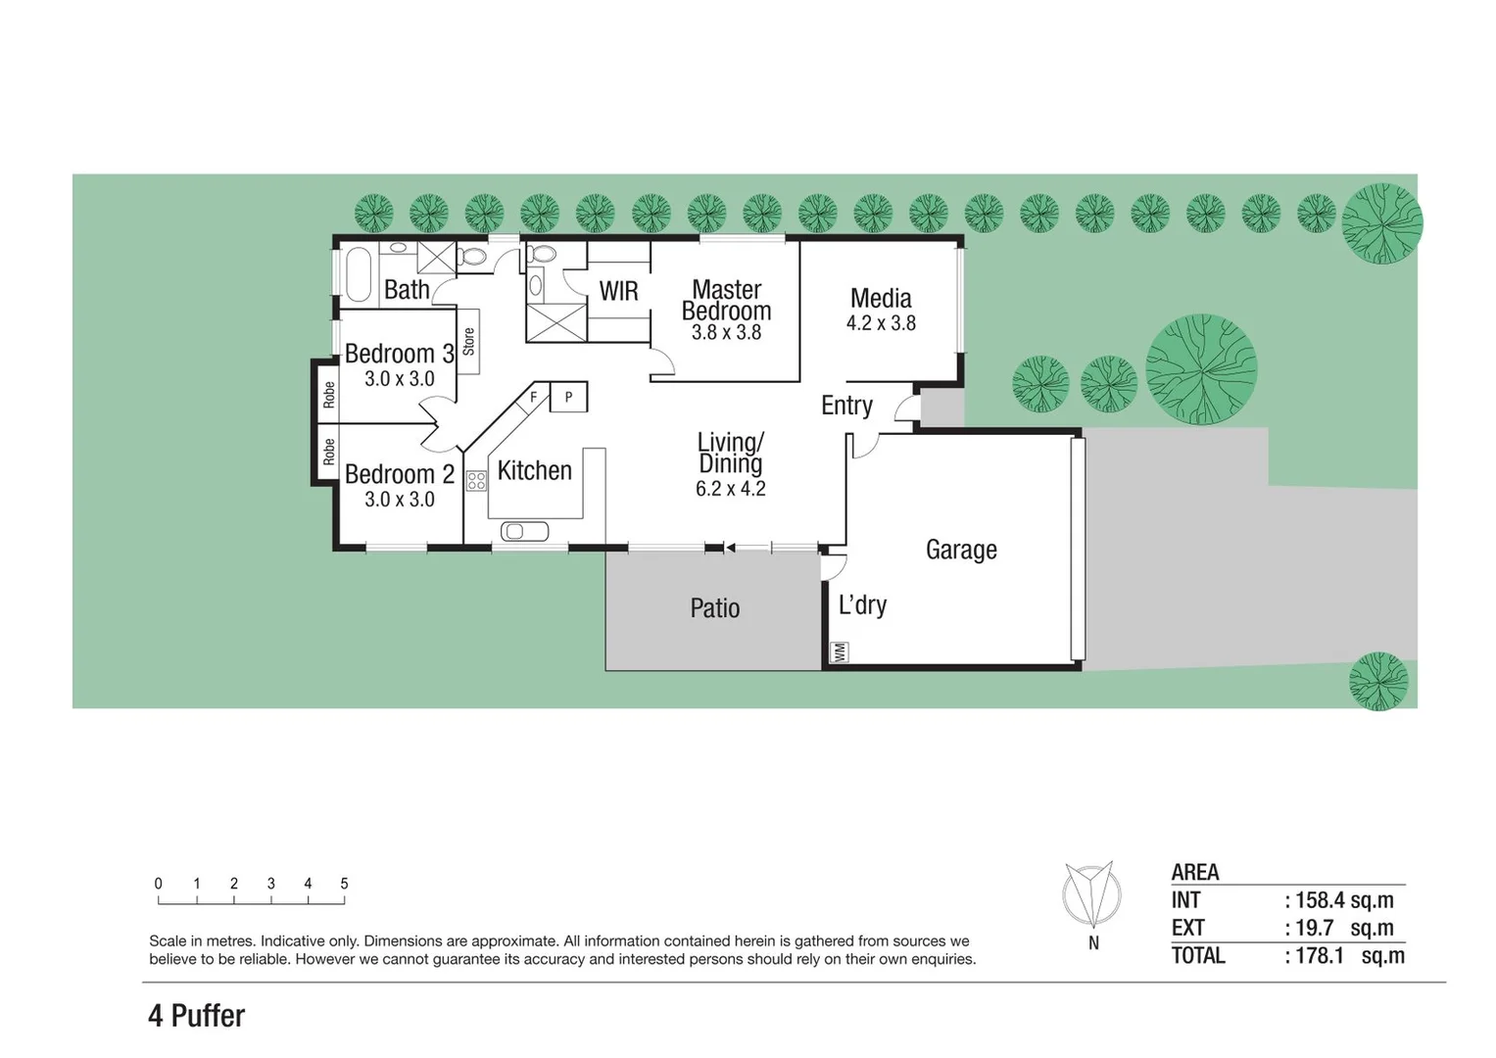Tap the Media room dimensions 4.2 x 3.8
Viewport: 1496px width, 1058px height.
click(881, 323)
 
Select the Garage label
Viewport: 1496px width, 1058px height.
click(961, 550)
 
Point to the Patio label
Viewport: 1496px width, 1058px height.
click(714, 608)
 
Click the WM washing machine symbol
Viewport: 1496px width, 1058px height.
click(839, 651)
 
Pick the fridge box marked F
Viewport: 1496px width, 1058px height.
click(533, 397)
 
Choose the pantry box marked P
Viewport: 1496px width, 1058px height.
click(568, 397)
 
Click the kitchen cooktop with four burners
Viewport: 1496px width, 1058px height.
click(476, 480)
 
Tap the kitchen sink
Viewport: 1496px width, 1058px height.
click(524, 531)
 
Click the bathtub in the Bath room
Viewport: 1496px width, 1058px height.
click(358, 273)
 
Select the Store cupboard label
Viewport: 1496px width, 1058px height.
click(468, 341)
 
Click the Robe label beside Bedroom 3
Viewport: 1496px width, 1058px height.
click(328, 394)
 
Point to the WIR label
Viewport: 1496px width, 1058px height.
click(618, 291)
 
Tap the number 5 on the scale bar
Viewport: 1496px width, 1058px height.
click(344, 884)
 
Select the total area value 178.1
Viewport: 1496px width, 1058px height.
click(1319, 955)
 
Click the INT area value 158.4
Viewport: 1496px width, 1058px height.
click(1319, 899)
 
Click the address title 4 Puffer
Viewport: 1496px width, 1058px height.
click(196, 1016)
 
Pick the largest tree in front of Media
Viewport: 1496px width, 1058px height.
click(1200, 368)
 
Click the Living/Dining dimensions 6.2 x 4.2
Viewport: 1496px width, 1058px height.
click(730, 489)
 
